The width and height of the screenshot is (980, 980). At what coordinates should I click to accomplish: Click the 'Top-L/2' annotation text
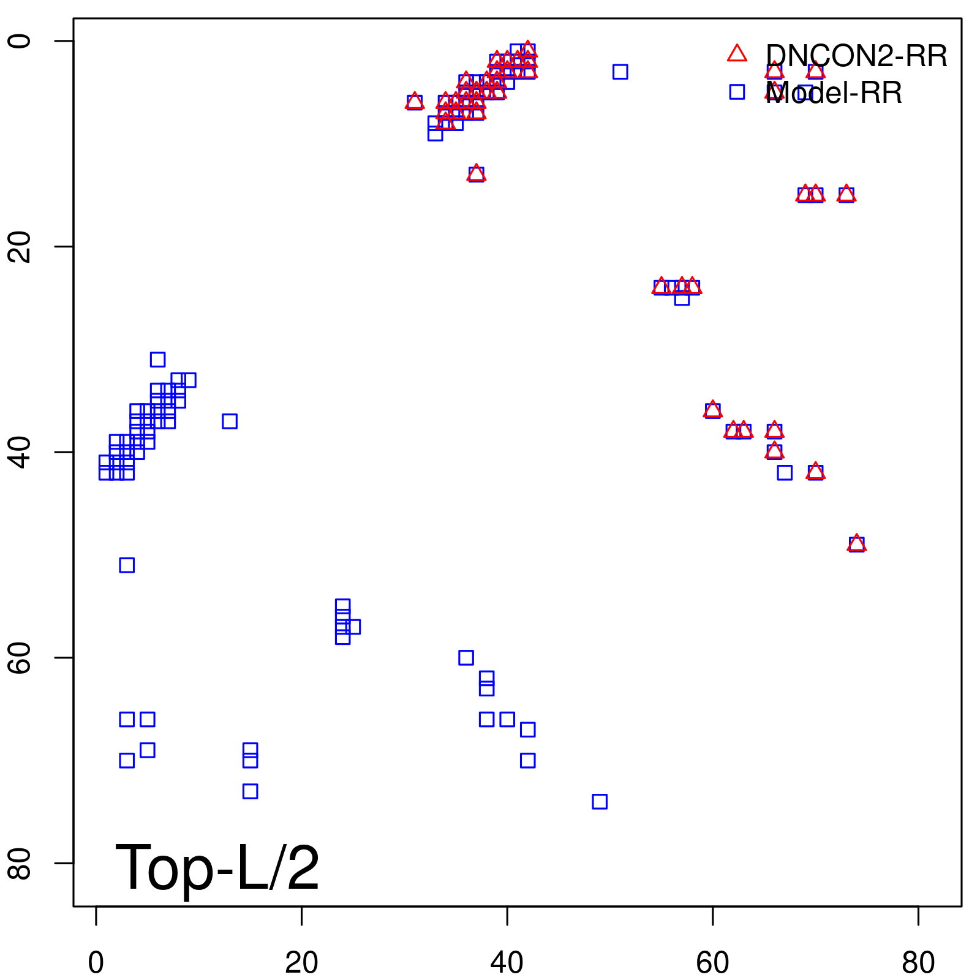217,867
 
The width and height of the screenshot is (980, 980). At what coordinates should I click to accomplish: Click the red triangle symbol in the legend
737,54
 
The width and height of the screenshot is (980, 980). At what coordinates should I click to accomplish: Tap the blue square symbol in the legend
737,92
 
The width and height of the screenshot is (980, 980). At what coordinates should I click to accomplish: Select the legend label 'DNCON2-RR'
856,56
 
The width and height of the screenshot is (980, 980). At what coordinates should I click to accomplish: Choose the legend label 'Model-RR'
834,93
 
